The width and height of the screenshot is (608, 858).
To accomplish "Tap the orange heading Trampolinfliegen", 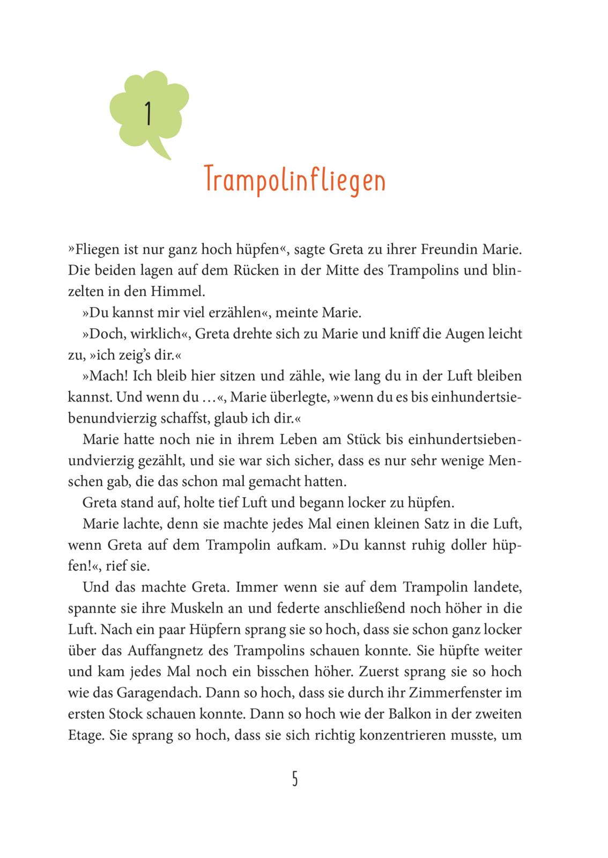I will point(295,180).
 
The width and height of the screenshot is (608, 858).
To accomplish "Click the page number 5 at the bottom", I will point(295,778).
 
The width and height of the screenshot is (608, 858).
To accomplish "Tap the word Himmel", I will point(180,292).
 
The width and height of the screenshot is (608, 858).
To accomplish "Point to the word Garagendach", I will point(156,693).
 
